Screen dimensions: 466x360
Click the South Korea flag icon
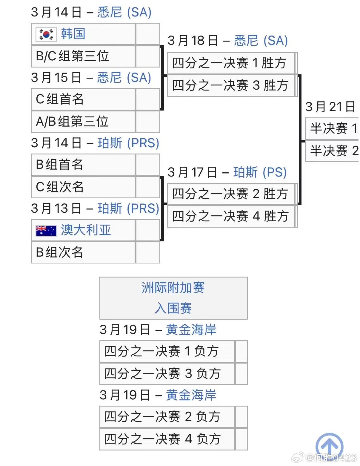(46, 34)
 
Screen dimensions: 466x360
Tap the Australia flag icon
(46, 230)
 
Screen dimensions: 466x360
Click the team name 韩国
(73, 33)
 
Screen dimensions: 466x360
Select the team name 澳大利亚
(86, 230)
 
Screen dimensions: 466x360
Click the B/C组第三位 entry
(73, 56)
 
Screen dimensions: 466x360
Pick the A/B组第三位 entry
(72, 121)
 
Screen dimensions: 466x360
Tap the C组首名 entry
(60, 99)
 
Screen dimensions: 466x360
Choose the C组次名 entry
(60, 187)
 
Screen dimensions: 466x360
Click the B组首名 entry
(59, 164)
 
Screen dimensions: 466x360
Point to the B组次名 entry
(59, 252)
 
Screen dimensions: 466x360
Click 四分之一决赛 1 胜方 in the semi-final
(229, 63)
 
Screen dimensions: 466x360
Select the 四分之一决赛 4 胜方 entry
(230, 216)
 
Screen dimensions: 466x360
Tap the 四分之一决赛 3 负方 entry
(162, 373)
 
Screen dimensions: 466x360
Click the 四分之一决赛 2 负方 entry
(162, 416)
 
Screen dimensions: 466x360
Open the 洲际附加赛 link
(173, 288)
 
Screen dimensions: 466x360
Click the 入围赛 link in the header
(173, 308)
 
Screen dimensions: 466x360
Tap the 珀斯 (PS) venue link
(260, 172)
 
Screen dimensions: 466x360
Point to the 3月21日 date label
(330, 107)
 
